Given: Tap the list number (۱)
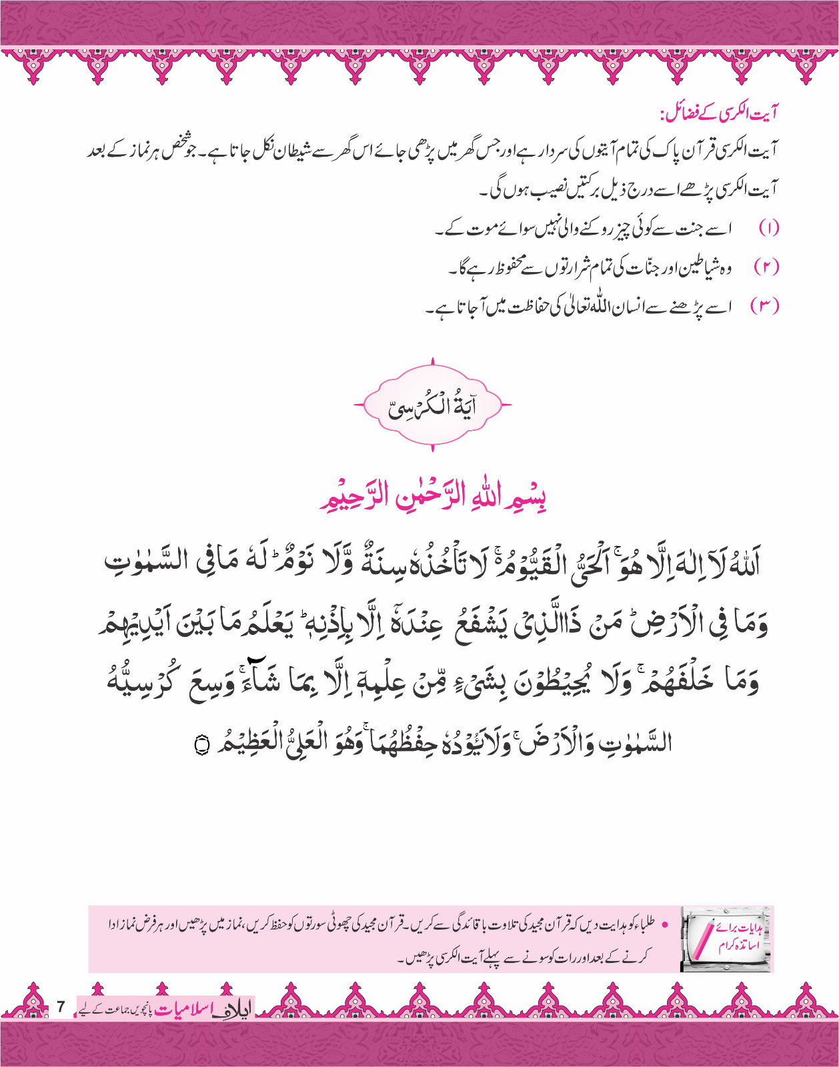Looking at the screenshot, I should tap(768, 229).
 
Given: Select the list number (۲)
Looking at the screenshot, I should tap(766, 267).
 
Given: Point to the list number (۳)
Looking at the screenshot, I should tap(765, 306).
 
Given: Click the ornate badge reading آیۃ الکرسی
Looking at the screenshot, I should tap(432, 405).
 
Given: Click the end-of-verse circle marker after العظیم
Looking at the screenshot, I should tap(200, 744).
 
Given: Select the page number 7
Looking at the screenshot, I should tap(61, 1006).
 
